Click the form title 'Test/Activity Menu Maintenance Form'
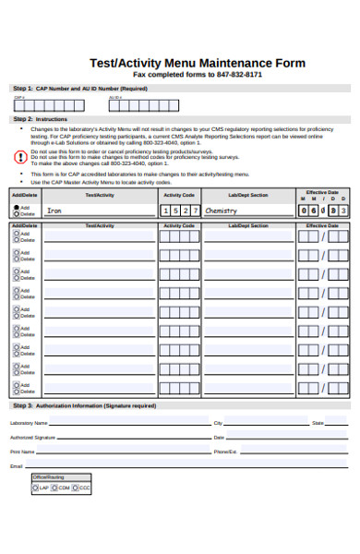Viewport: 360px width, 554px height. [x=197, y=63]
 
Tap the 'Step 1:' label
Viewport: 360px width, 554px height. [x=22, y=88]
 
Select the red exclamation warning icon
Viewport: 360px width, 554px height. [x=21, y=157]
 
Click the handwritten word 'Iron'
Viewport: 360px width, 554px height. [x=54, y=211]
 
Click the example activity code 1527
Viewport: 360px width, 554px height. [x=178, y=211]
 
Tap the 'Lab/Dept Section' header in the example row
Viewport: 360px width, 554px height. [x=247, y=195]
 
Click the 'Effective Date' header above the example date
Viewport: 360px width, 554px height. [x=322, y=191]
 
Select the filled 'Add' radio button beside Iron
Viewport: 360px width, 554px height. [x=16, y=208]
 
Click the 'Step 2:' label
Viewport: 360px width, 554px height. [x=22, y=119]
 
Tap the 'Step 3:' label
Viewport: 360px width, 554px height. [x=22, y=405]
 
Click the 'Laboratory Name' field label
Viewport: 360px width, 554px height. [x=28, y=423]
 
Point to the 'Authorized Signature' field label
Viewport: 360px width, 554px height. [x=32, y=438]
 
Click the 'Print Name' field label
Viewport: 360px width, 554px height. [x=22, y=452]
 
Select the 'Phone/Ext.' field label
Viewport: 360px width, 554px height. [x=225, y=452]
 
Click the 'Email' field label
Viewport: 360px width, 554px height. [x=16, y=467]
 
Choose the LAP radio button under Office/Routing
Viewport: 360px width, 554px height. [x=36, y=487]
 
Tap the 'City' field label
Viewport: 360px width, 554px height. [x=218, y=423]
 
